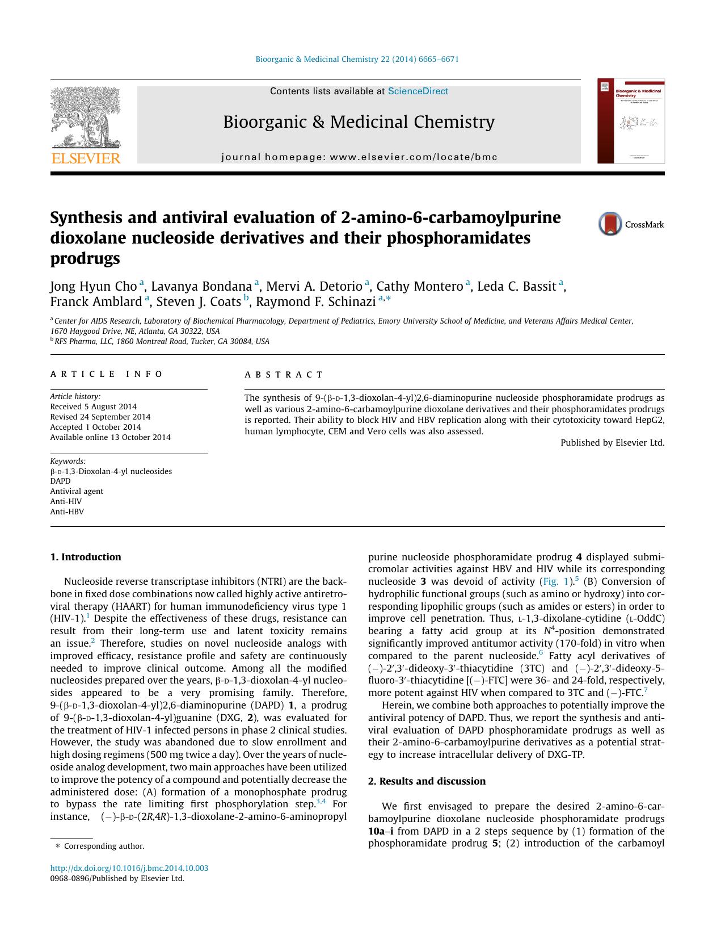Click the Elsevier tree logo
tap(85, 118)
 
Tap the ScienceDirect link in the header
tap(418, 91)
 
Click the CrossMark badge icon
tap(610, 224)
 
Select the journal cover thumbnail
tap(630, 121)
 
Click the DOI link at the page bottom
tap(129, 868)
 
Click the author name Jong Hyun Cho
tap(94, 286)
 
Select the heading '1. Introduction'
tap(86, 557)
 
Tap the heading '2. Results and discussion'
tap(427, 781)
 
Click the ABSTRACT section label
tap(284, 375)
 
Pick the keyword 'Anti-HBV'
tap(67, 512)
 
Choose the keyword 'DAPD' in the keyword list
tap(60, 481)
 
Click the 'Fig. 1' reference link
tap(554, 581)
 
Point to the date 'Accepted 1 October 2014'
tap(95, 427)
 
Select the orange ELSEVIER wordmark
tap(86, 158)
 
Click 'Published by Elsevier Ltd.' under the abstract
tap(612, 443)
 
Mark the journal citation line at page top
tap(357, 59)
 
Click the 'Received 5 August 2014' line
tap(93, 406)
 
